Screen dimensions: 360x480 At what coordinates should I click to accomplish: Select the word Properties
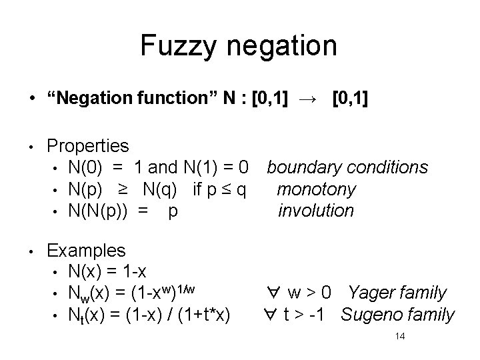(89, 145)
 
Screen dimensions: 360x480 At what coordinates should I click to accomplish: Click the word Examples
(86, 251)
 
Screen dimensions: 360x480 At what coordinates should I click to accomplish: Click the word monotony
(316, 189)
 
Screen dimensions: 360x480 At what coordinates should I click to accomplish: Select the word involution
(316, 211)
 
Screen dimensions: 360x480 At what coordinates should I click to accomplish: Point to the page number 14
(400, 337)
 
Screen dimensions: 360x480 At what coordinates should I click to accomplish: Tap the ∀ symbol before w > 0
(273, 293)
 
